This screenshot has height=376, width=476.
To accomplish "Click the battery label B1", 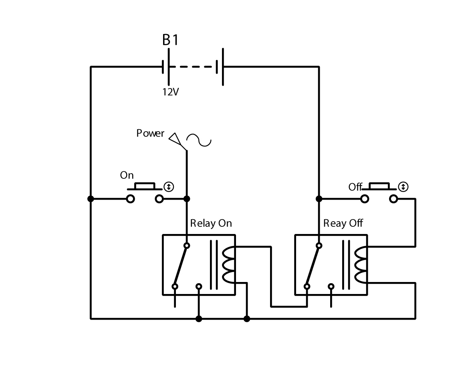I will pyautogui.click(x=170, y=40).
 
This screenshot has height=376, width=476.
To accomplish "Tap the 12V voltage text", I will pyautogui.click(x=170, y=92).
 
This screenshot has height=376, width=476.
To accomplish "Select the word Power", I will pyautogui.click(x=150, y=133).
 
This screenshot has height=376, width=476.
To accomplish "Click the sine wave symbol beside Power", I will pyautogui.click(x=199, y=140).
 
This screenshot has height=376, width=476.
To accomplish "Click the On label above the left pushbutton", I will pyautogui.click(x=127, y=175).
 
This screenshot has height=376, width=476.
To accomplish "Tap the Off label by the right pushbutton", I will pyautogui.click(x=355, y=187).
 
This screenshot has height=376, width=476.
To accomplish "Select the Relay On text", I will pyautogui.click(x=211, y=223).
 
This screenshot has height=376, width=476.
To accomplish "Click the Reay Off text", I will pyautogui.click(x=343, y=223).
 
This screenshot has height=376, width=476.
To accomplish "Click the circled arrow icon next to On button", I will pyautogui.click(x=169, y=186).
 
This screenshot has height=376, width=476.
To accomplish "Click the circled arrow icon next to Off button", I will pyautogui.click(x=403, y=186).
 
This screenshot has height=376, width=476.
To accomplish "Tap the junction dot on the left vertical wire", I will pyautogui.click(x=91, y=199).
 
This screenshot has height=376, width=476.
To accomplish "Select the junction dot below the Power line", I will pyautogui.click(x=186, y=199).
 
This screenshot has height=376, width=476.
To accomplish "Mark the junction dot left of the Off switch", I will pyautogui.click(x=319, y=199).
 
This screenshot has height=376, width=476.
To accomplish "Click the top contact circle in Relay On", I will pyautogui.click(x=186, y=245).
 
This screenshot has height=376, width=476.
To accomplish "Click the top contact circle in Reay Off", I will pyautogui.click(x=319, y=245).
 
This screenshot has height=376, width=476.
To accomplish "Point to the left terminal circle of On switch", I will pyautogui.click(x=130, y=199).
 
